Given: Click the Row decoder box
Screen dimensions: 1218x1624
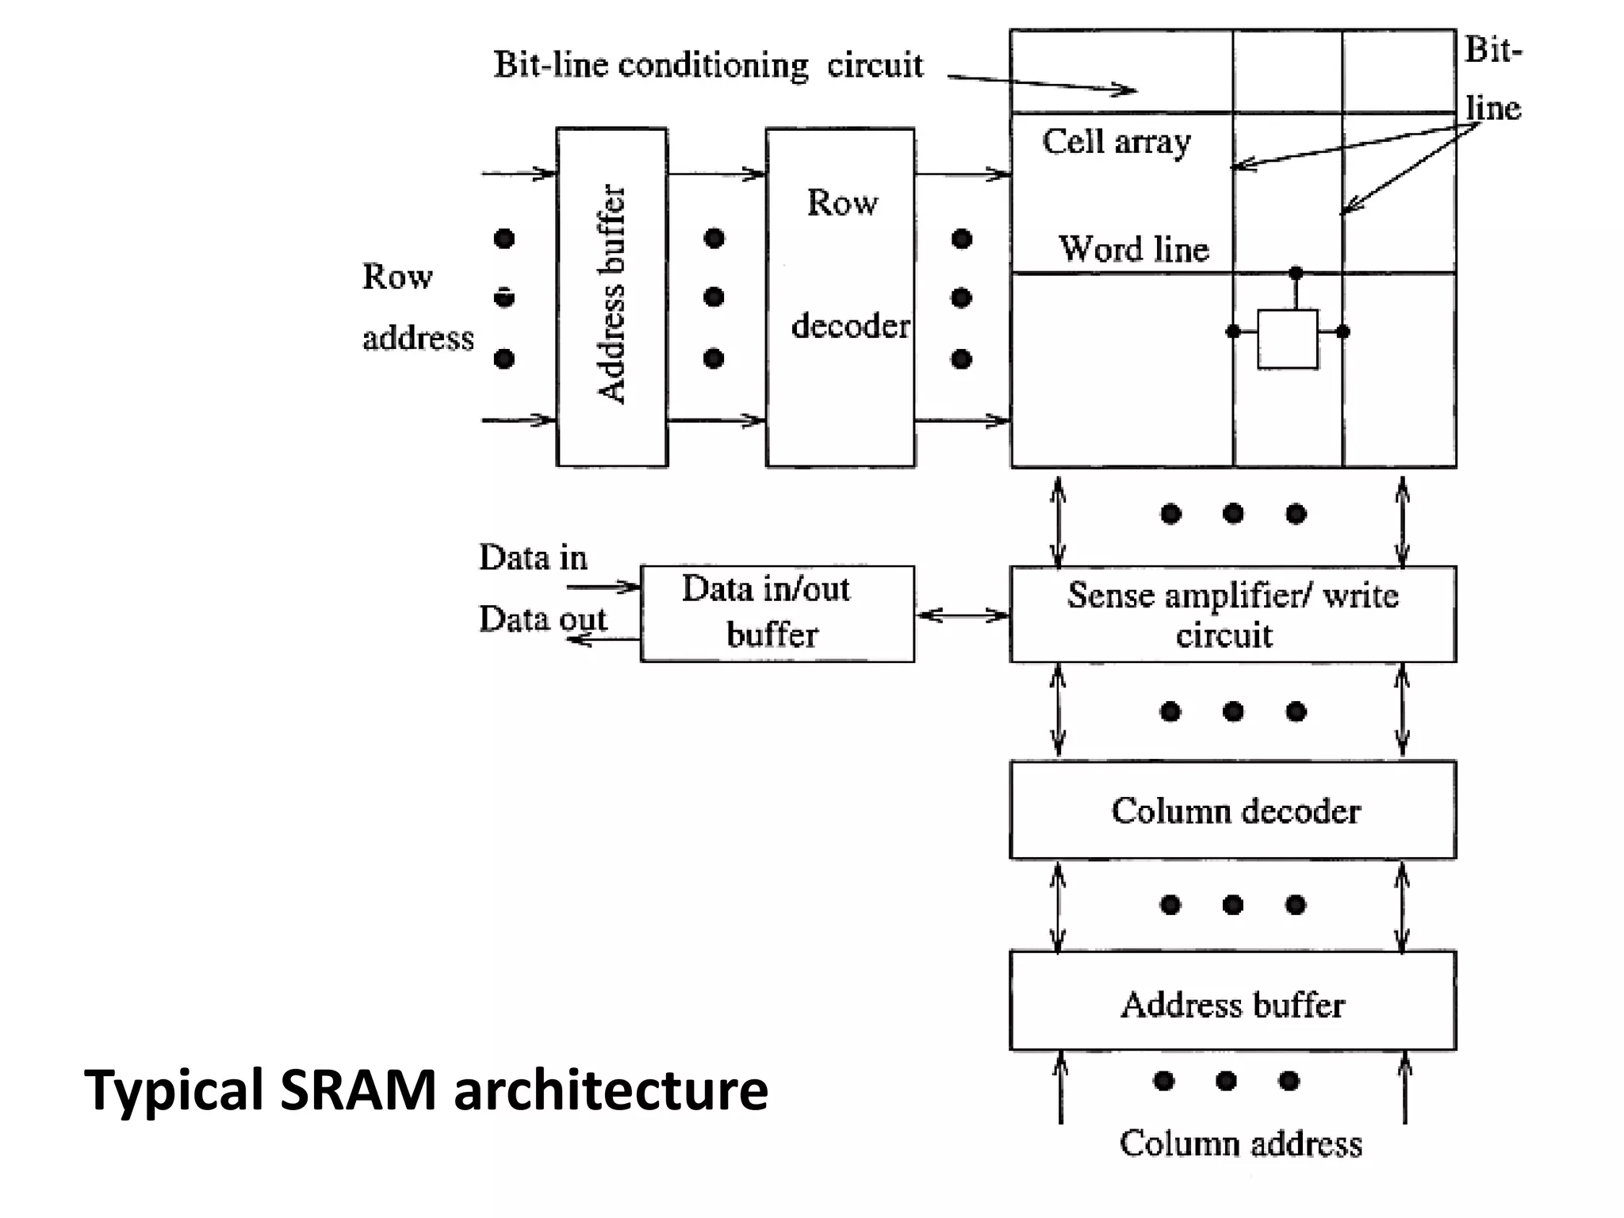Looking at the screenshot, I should coord(840,297).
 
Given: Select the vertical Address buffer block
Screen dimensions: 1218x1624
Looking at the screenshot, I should coord(611,297).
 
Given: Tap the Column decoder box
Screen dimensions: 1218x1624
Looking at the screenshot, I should coord(1233,810).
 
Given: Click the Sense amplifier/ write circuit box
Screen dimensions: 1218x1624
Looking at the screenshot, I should coord(1233,615).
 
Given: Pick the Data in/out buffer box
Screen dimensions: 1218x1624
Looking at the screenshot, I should coord(776,613).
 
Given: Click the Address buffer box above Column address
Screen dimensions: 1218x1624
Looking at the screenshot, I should coord(1233,1002).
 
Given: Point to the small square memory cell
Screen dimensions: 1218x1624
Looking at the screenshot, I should coord(1288,339).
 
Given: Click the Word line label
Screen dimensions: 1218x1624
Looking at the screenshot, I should coord(1134,249).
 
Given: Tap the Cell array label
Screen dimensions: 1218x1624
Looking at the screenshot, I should coord(1116,142).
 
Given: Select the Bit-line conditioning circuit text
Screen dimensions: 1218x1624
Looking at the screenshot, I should coord(708,65).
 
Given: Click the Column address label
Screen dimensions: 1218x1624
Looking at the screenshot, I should coord(1240,1143).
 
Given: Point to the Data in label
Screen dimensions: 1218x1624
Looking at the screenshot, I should coord(533,557).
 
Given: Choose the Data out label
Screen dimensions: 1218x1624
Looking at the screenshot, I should coord(542,619).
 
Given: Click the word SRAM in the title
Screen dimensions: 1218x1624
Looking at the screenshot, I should coord(358,1090).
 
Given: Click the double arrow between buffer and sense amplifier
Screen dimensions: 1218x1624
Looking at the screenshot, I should coord(962,615).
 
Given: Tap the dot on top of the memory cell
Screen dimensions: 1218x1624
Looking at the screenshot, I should coord(1296,273).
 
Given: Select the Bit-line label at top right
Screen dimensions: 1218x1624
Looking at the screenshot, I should coord(1492,79).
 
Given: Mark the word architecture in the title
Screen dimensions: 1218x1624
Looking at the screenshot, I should coord(611,1090).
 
